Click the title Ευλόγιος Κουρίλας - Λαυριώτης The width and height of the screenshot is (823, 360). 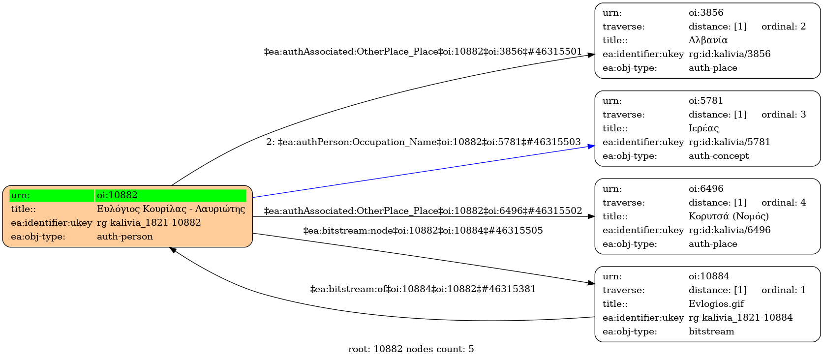pyautogui.click(x=171, y=209)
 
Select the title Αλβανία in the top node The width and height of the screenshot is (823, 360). pyautogui.click(x=708, y=40)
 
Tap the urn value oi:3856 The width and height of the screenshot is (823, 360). pyautogui.click(x=706, y=13)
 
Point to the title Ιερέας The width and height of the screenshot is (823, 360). pyautogui.click(x=703, y=128)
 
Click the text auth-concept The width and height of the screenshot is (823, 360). pyautogui.click(x=719, y=156)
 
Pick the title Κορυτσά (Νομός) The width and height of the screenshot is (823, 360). pyautogui.click(x=729, y=216)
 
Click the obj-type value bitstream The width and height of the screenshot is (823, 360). pyautogui.click(x=711, y=331)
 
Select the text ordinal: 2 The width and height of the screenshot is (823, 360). pyautogui.click(x=784, y=27)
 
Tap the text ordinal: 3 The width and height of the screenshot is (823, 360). pyautogui.click(x=784, y=115)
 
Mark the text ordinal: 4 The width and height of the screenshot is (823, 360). pyautogui.click(x=784, y=203)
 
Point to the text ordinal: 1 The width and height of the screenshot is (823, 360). pyautogui.click(x=784, y=290)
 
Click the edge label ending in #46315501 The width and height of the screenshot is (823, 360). pyautogui.click(x=423, y=52)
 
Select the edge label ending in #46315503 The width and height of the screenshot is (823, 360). pyautogui.click(x=424, y=142)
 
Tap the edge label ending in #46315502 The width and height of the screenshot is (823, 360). pyautogui.click(x=423, y=211)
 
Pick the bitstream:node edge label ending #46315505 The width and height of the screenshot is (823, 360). pyautogui.click(x=423, y=231)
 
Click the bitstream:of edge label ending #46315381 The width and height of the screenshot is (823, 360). pyautogui.click(x=423, y=289)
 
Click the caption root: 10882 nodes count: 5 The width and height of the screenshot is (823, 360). pyautogui.click(x=411, y=349)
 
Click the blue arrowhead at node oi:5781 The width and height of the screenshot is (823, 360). pyautogui.click(x=591, y=146)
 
